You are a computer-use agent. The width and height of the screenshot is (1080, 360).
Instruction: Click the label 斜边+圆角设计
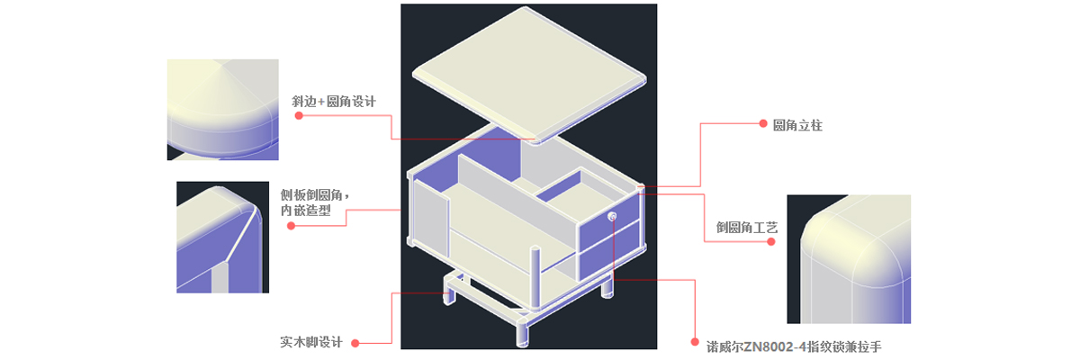[334, 102]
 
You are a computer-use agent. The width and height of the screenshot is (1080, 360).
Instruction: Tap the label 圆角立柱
[797, 125]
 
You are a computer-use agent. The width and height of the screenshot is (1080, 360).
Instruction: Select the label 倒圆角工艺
[747, 227]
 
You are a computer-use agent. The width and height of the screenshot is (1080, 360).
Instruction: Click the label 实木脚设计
[311, 342]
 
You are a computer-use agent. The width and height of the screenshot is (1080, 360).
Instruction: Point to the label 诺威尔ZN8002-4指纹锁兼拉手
[794, 346]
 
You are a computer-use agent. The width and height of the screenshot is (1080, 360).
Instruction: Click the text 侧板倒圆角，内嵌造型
[315, 202]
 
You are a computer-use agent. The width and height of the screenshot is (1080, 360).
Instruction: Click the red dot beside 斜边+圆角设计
[299, 116]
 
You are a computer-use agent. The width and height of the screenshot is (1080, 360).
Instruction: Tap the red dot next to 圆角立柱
[763, 123]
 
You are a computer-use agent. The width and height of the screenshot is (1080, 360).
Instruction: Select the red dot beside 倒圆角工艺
[771, 241]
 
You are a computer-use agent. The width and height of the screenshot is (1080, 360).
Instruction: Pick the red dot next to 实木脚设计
[355, 343]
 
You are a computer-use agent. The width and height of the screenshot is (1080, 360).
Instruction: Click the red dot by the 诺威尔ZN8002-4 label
[695, 342]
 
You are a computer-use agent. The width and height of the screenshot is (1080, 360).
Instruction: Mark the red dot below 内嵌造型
[291, 226]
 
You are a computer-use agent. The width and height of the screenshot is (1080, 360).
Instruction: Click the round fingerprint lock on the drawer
[612, 216]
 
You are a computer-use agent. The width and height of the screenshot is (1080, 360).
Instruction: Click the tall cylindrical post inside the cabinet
[535, 279]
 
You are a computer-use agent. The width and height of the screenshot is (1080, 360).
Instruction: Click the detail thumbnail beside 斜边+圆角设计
[223, 110]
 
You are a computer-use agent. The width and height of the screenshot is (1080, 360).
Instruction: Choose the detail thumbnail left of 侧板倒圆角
[223, 237]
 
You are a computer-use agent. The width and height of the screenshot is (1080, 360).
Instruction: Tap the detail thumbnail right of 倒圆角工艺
[849, 259]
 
